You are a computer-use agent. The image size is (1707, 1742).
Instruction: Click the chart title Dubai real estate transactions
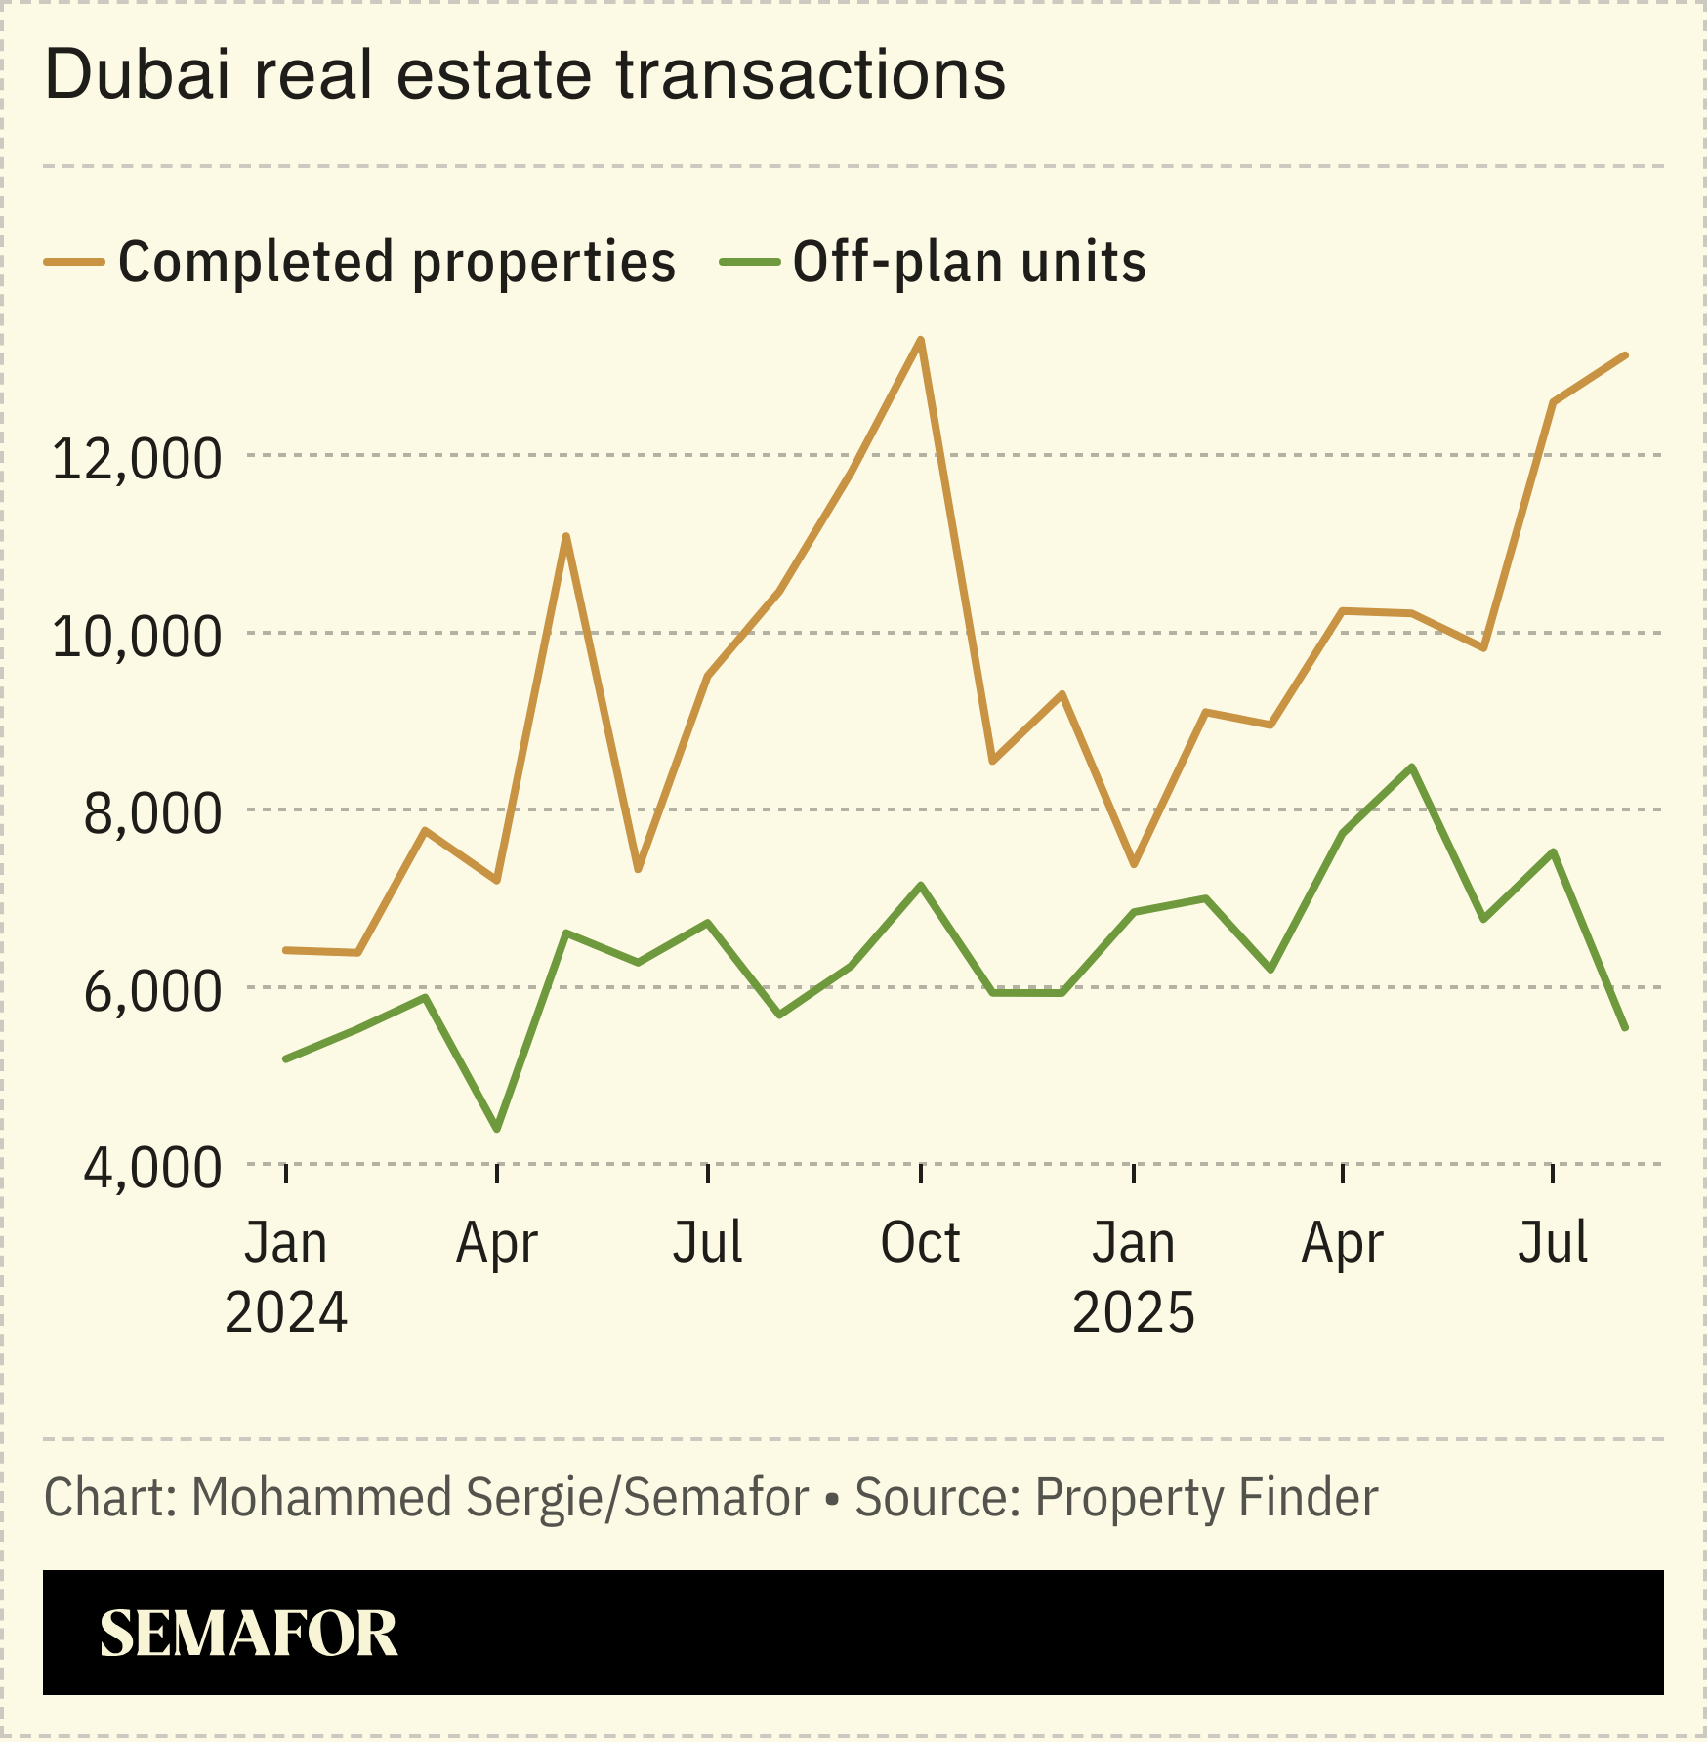coord(524,75)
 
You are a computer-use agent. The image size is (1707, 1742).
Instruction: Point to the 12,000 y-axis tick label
coord(137,458)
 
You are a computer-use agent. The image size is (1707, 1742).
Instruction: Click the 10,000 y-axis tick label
coord(137,636)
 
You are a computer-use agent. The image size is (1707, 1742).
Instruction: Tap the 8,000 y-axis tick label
coord(152,812)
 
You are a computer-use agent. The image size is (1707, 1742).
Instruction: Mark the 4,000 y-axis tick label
coord(152,1167)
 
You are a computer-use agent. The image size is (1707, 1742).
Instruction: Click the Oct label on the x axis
coord(920,1243)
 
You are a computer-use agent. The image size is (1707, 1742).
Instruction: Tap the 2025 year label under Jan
coord(1133,1312)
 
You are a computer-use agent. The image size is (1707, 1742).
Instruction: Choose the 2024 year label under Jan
coord(286,1312)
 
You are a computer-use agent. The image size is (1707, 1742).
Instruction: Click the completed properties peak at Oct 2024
coord(920,340)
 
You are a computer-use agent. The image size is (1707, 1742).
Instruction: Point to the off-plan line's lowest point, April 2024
coord(498,1130)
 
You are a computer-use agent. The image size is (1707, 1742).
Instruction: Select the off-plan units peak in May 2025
coord(1412,767)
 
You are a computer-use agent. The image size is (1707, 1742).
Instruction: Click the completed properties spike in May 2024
coord(566,536)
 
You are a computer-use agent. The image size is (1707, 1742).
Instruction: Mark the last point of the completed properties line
coord(1626,354)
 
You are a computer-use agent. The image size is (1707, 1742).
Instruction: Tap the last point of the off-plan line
coord(1626,1028)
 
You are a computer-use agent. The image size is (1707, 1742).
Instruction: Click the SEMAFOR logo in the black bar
coord(249,1634)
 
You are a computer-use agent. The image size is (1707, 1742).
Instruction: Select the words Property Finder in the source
coord(1206,1498)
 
